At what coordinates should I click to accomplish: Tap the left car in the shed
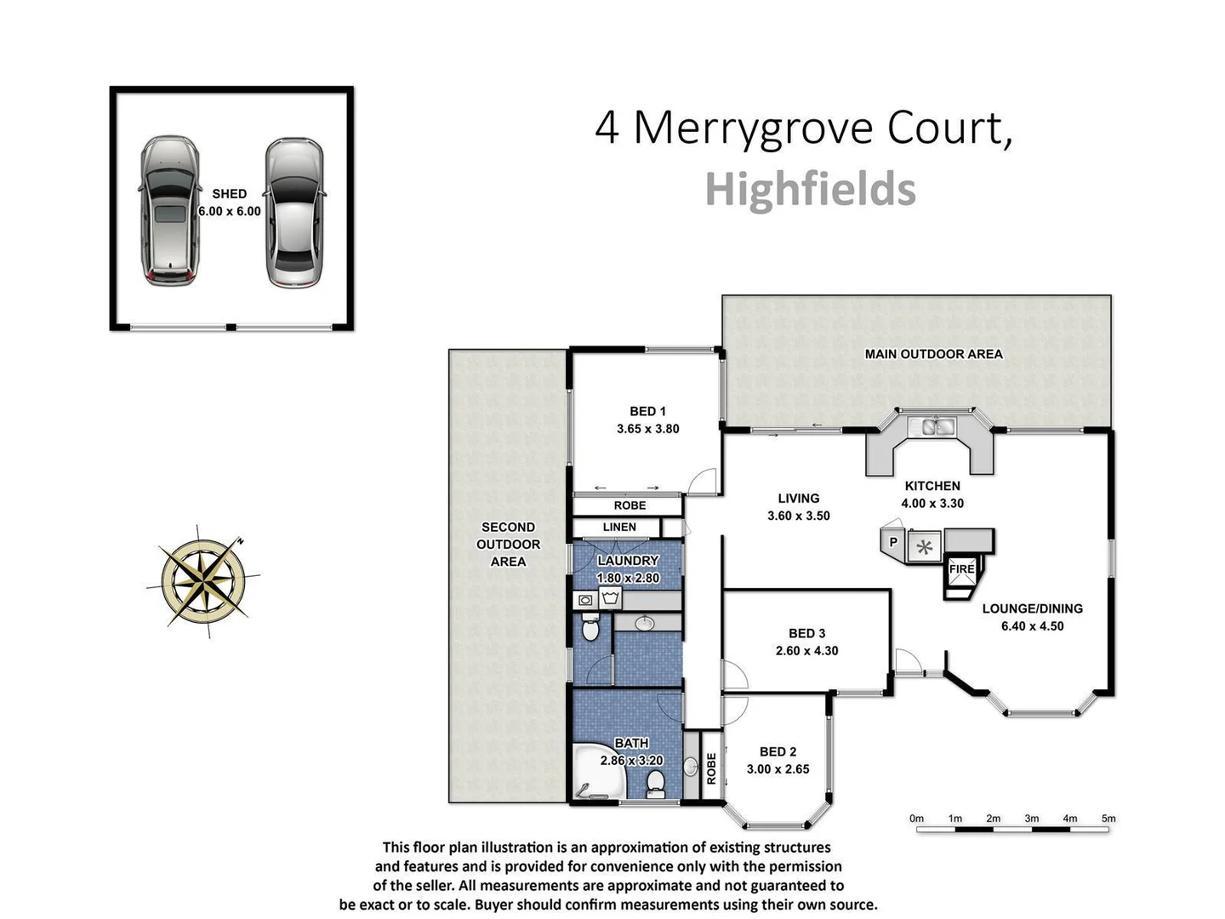coord(170,210)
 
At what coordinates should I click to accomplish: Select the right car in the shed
coord(293,213)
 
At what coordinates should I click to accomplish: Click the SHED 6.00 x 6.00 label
coord(230,203)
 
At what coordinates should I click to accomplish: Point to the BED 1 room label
coord(647,411)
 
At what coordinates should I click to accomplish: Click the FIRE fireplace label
coord(961,568)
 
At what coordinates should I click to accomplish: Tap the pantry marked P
coord(893,542)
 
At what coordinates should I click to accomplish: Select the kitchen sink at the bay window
coord(932,426)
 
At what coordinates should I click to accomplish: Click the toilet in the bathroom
coord(655,782)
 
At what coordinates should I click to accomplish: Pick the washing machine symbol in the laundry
coord(609,599)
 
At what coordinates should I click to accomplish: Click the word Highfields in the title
coord(810,189)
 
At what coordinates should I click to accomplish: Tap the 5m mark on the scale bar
coord(1108,819)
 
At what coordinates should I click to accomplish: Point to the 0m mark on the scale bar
coord(916,819)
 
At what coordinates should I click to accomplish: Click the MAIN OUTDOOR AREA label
coord(933,354)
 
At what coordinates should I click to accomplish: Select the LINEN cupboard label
coord(619,527)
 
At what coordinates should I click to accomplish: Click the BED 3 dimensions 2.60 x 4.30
coord(806,651)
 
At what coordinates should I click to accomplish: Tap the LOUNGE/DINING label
coord(1032,608)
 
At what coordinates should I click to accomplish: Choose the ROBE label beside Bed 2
coord(711,768)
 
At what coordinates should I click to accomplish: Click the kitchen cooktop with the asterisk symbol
coord(925,547)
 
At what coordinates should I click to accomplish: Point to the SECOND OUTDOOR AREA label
coord(508,545)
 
